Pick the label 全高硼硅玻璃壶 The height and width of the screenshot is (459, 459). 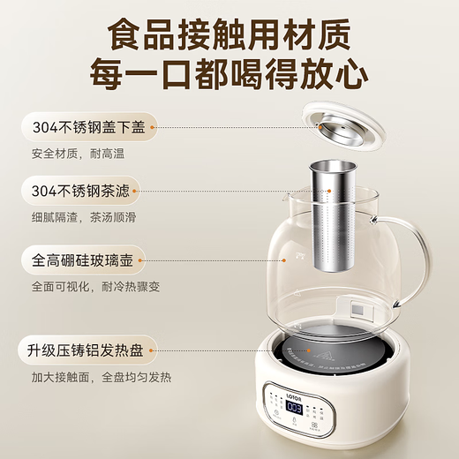point(84,260)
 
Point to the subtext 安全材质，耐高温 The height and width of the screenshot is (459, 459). point(70,152)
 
